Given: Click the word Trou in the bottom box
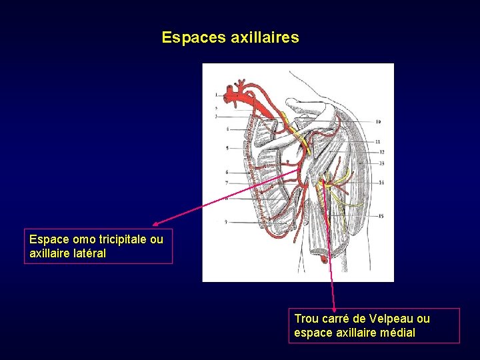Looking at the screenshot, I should pyautogui.click(x=306, y=319).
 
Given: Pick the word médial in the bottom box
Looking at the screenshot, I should pyautogui.click(x=397, y=332).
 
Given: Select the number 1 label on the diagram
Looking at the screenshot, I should pyautogui.click(x=217, y=95).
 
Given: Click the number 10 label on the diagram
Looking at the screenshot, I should pyautogui.click(x=378, y=122).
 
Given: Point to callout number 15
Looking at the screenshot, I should pyautogui.click(x=381, y=216).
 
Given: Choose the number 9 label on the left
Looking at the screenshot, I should pyautogui.click(x=227, y=221).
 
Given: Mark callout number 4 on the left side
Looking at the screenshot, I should pyautogui.click(x=227, y=129).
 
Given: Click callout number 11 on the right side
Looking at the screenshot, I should pyautogui.click(x=378, y=142).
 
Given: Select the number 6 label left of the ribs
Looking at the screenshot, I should pyautogui.click(x=227, y=172).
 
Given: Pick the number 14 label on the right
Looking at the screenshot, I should pyautogui.click(x=381, y=182).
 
